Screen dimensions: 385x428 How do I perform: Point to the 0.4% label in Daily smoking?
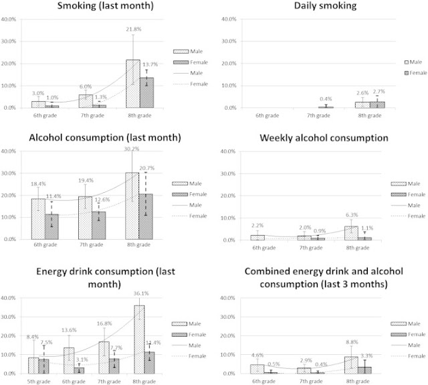point(326,100)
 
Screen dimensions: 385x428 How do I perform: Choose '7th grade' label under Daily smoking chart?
point(318,115)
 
